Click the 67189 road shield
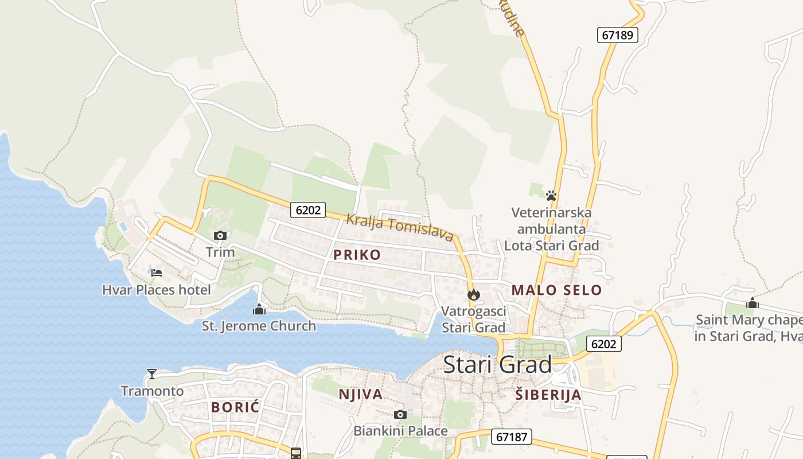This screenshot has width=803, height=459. click(617, 35)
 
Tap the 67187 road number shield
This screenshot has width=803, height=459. click(511, 437)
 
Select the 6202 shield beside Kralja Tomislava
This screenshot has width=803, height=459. click(308, 210)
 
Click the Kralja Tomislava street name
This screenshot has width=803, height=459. click(400, 227)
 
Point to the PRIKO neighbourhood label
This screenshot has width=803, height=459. click(357, 255)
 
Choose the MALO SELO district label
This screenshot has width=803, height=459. click(556, 290)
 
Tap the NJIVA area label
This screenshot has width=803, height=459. click(360, 394)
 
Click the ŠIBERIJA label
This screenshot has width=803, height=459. click(548, 395)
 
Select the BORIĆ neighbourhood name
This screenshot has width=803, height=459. click(235, 407)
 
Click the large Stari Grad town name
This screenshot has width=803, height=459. click(497, 364)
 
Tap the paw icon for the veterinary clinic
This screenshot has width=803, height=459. click(551, 196)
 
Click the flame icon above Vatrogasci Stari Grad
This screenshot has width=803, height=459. click(473, 295)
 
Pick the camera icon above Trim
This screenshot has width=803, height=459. click(220, 235)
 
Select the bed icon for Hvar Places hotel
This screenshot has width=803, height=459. click(156, 273)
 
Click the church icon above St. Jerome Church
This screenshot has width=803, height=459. click(259, 310)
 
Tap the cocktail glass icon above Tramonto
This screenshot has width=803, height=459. click(152, 374)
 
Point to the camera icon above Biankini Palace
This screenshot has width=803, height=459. click(400, 414)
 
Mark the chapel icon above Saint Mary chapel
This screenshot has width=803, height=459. click(752, 303)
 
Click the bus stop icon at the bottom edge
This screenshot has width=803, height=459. click(296, 453)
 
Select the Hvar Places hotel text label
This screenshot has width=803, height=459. click(157, 290)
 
